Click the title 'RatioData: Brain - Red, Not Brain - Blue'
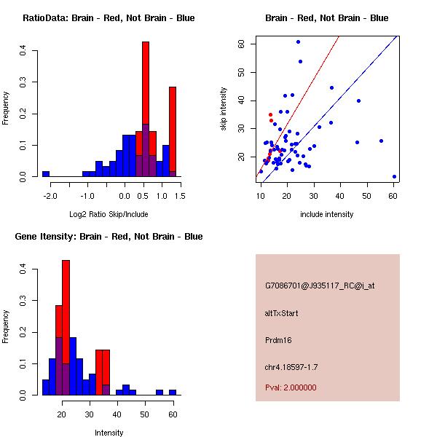tap(108, 18)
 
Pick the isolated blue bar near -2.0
tap(45, 174)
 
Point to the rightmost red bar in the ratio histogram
tap(173, 131)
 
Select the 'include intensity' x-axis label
tap(327, 213)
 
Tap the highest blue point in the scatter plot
tap(298, 42)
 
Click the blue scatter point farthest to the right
tap(394, 176)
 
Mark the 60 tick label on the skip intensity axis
tap(242, 44)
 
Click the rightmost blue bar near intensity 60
tap(173, 392)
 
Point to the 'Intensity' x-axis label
tap(109, 432)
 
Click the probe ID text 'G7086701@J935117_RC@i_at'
tap(320, 286)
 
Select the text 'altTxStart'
tap(282, 313)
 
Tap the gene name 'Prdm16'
tap(277, 340)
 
